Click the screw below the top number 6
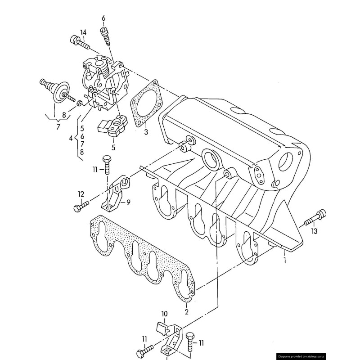click(x=106, y=36)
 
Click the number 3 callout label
click(x=146, y=132)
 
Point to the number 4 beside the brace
click(x=71, y=139)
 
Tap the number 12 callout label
click(x=81, y=194)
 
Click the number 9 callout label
click(x=128, y=202)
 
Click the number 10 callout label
click(x=164, y=313)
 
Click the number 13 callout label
click(x=314, y=231)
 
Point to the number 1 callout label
click(x=284, y=260)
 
